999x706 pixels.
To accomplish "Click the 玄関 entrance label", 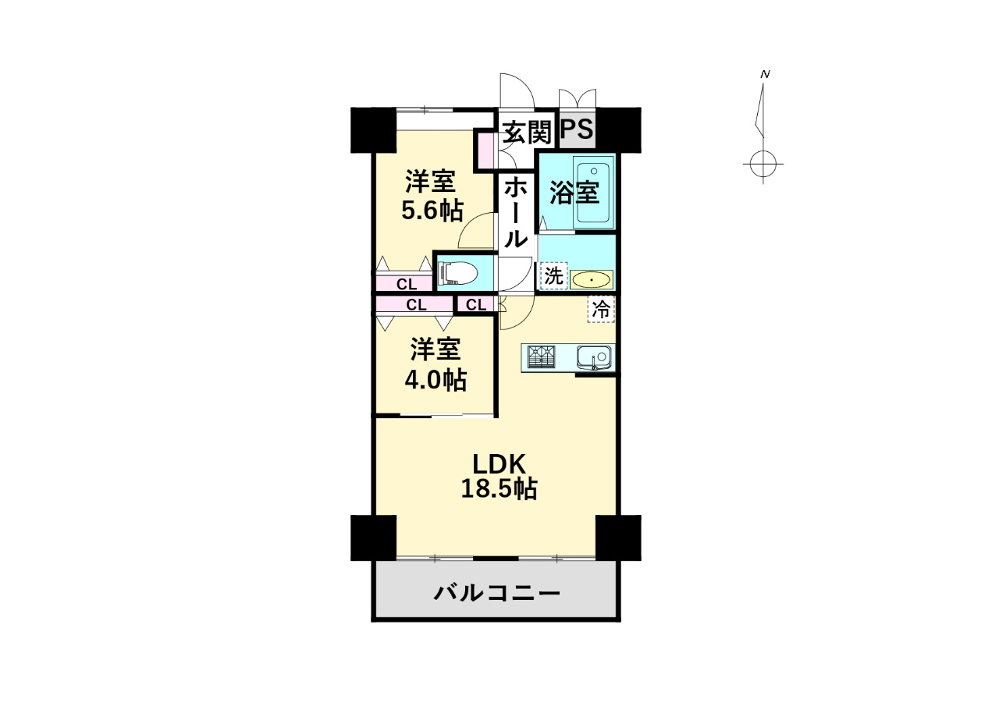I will (x=526, y=132).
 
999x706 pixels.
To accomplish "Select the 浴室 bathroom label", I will (x=574, y=192).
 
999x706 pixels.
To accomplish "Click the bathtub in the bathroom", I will (x=594, y=192).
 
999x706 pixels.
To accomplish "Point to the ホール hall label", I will (x=514, y=212).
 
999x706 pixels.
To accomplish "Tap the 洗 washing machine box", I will (x=553, y=275).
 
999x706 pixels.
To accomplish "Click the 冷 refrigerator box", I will (x=601, y=309).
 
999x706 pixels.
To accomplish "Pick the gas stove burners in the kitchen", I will (x=543, y=357).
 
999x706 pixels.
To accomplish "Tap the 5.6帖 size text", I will (x=432, y=211).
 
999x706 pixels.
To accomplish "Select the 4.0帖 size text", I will (x=434, y=380).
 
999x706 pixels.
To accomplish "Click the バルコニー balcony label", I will (x=496, y=594).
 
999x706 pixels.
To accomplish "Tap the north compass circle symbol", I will (x=763, y=165).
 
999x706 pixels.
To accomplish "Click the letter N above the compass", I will (x=766, y=74).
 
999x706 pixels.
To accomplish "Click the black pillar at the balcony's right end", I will (x=618, y=537).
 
